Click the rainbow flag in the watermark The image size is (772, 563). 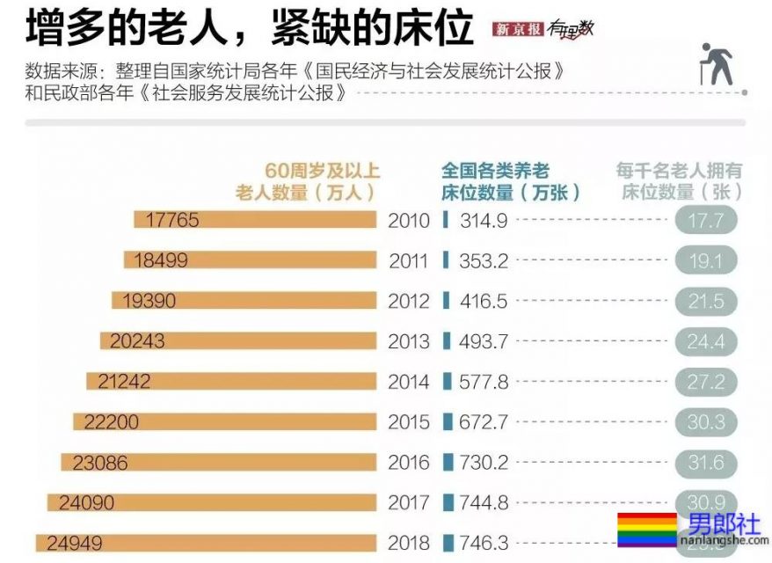coord(646,530)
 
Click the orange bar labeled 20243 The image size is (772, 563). coord(237,341)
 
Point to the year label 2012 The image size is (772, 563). coord(409,301)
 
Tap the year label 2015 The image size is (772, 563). coord(409,422)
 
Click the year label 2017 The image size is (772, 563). coord(409,502)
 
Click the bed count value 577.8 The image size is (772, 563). coord(483,382)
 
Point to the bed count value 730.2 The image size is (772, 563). coord(483,463)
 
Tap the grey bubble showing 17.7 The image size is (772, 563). coord(705,221)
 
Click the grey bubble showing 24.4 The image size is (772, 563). coord(705,341)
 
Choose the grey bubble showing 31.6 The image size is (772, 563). coord(705,463)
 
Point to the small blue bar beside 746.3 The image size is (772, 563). coord(448,543)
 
